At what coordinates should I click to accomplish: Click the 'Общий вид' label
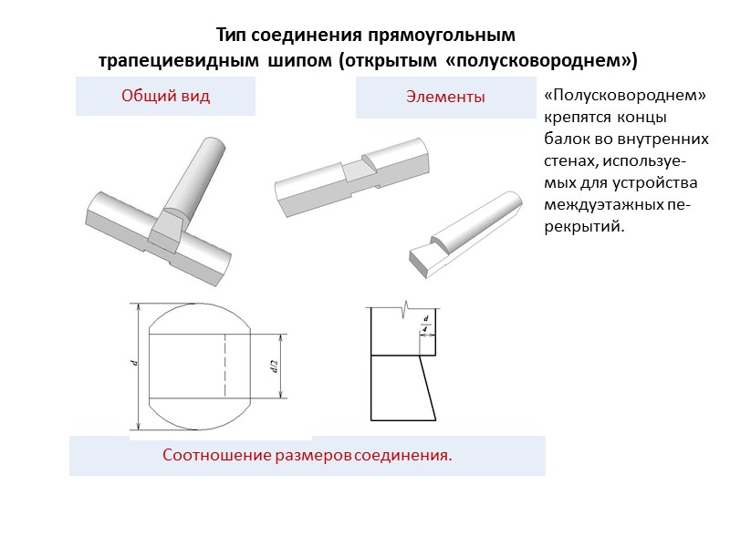click(x=165, y=97)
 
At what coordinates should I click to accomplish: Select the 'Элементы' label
click(x=445, y=98)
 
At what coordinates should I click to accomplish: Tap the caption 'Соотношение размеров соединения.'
click(x=307, y=455)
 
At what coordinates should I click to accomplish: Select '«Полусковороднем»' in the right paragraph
click(x=625, y=97)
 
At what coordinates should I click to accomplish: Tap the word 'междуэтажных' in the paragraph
click(x=600, y=206)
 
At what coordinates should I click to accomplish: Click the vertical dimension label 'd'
click(x=133, y=364)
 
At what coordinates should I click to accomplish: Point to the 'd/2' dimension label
click(x=273, y=366)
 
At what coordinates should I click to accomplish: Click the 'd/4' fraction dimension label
click(x=426, y=321)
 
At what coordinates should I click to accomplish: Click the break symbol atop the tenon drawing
click(x=403, y=308)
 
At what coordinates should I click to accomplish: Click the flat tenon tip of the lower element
click(x=422, y=262)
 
